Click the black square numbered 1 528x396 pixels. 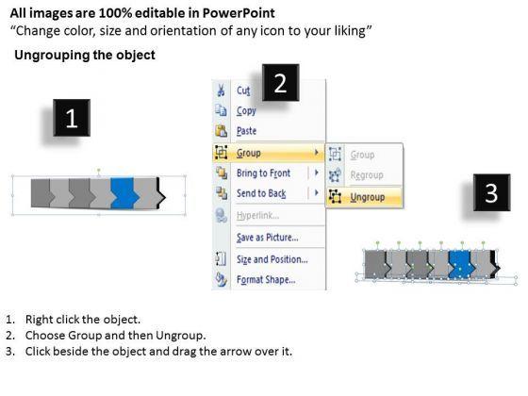click(x=72, y=118)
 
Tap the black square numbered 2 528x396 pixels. click(x=281, y=83)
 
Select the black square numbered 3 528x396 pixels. click(x=491, y=192)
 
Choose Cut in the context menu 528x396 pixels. click(x=243, y=91)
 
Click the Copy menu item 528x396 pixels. click(x=246, y=111)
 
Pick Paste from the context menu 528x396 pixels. click(x=246, y=131)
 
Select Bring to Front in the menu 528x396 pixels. click(x=263, y=173)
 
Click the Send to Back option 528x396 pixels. click(x=261, y=193)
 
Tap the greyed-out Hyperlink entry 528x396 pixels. click(x=257, y=216)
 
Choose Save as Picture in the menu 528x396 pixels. click(x=268, y=238)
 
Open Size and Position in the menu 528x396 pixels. click(x=272, y=259)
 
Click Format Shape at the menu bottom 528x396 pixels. click(x=266, y=279)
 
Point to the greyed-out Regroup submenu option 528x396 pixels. click(x=367, y=175)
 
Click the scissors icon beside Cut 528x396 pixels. click(x=221, y=91)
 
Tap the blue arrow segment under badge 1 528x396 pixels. click(x=124, y=193)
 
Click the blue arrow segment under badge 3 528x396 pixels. click(x=461, y=264)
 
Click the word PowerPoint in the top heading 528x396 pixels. click(x=239, y=13)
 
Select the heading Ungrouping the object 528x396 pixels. click(x=85, y=55)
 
